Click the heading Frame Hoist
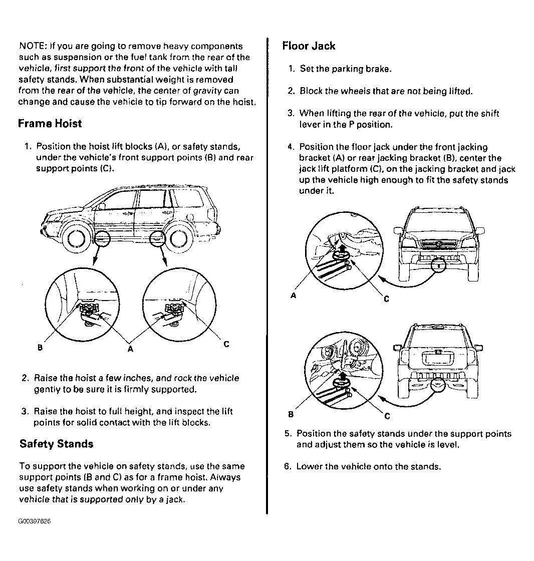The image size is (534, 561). [50, 123]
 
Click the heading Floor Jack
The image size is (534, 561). [309, 46]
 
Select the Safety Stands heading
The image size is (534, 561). [56, 444]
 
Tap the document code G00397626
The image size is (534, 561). [34, 521]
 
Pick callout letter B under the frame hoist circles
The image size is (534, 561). [39, 347]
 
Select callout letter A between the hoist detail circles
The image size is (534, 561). [130, 349]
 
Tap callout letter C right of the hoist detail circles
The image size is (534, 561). [226, 344]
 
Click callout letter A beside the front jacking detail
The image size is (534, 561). [294, 296]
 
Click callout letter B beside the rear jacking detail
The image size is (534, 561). [291, 414]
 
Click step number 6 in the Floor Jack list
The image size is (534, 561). [287, 466]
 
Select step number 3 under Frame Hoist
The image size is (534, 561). [24, 411]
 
